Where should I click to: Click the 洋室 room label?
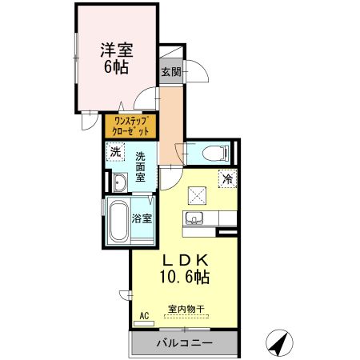(x=117, y=50)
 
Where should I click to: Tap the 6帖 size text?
(x=117, y=68)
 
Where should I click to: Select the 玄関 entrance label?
(x=170, y=72)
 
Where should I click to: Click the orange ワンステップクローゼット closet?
(x=130, y=126)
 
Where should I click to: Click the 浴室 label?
(x=142, y=217)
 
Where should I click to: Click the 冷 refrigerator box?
(x=227, y=179)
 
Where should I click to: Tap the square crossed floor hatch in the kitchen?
(x=198, y=194)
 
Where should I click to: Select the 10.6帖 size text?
(x=187, y=278)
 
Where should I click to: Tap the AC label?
(x=145, y=316)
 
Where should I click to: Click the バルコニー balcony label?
(x=184, y=344)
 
